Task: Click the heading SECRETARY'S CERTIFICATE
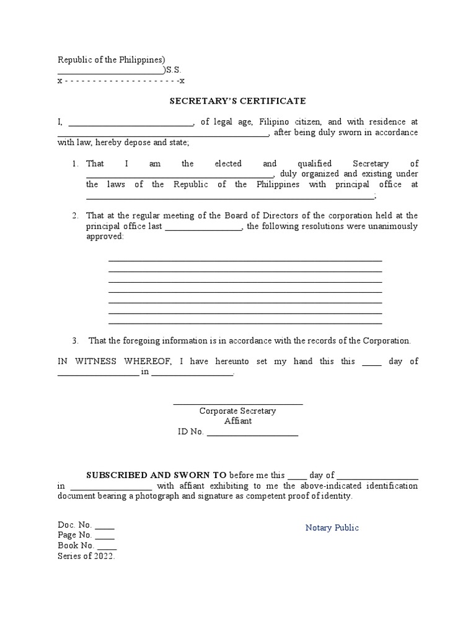[x=238, y=101]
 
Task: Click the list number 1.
[x=74, y=164]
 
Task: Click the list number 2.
[x=74, y=216]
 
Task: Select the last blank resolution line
[x=245, y=323]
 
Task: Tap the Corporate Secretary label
[x=237, y=411]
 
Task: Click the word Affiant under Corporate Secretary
[x=238, y=421]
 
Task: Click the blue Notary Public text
[x=332, y=528]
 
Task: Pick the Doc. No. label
[x=75, y=525]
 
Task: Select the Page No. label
[x=75, y=535]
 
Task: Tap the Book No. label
[x=76, y=546]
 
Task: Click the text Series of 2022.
[x=86, y=556]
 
